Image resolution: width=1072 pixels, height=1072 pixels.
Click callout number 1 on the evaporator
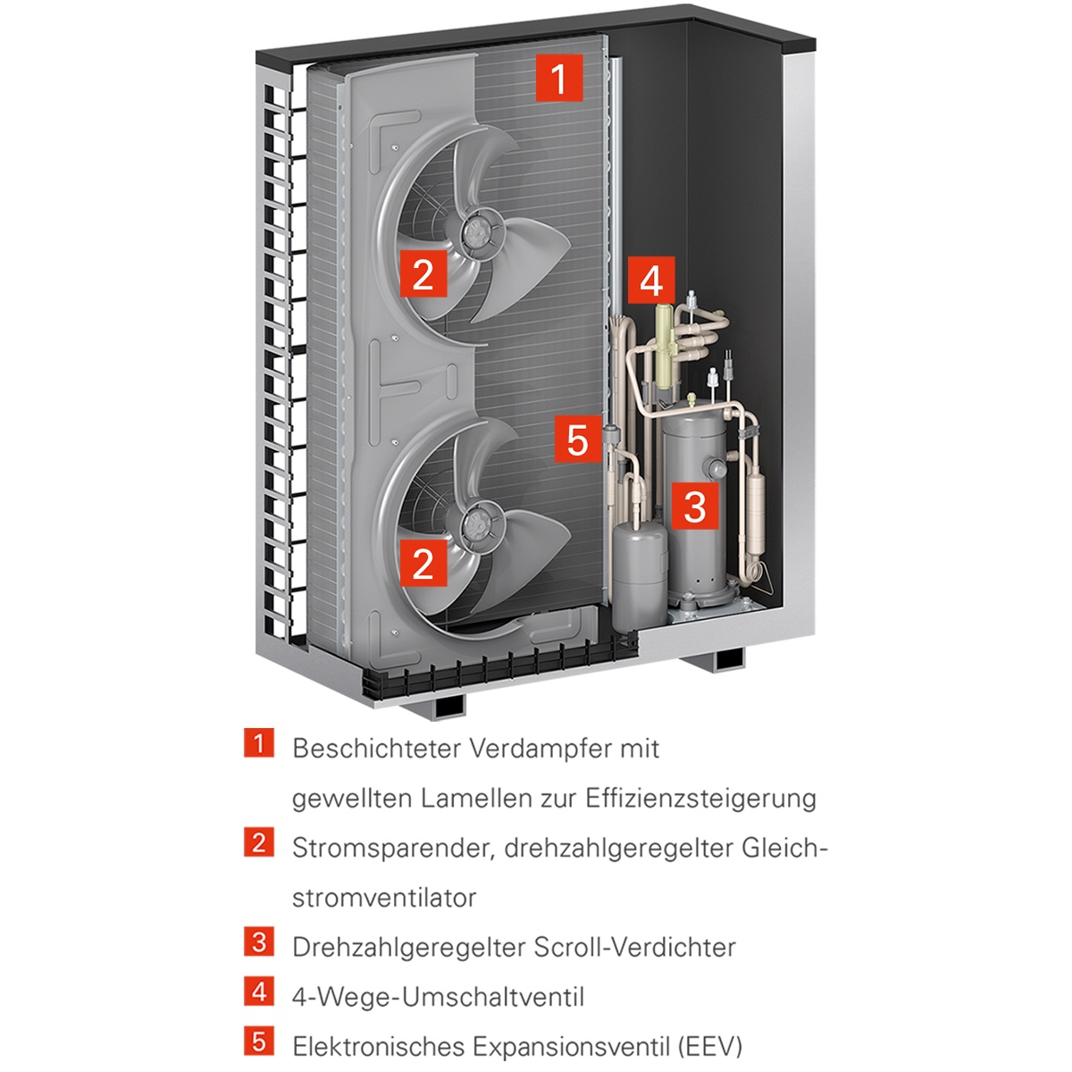pos(558,78)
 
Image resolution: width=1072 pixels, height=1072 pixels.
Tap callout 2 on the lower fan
pos(423,562)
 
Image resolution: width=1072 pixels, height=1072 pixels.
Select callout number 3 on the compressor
pos(695,506)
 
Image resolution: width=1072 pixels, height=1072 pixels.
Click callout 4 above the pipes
pos(651,281)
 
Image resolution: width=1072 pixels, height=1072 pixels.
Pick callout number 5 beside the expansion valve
pos(577,440)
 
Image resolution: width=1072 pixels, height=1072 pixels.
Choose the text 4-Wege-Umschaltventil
pos(438,996)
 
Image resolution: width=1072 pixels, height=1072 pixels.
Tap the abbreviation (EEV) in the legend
pos(710,1045)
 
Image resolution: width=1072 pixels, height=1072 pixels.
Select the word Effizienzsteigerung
pos(700,798)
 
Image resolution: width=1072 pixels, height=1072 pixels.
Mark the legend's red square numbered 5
pos(258,1041)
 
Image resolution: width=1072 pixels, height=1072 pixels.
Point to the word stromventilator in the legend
pos(385,897)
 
